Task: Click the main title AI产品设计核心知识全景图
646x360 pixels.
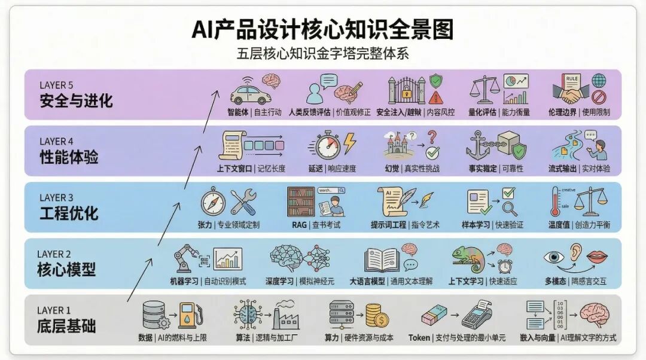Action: (x=322, y=29)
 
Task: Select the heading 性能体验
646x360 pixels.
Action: (x=69, y=157)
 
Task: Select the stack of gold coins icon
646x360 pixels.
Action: (x=377, y=316)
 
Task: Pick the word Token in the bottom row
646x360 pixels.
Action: (x=419, y=338)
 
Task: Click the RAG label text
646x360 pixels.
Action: (x=299, y=225)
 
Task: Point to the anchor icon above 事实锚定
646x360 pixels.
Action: (x=478, y=145)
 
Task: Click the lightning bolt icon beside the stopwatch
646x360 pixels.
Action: (x=349, y=144)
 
